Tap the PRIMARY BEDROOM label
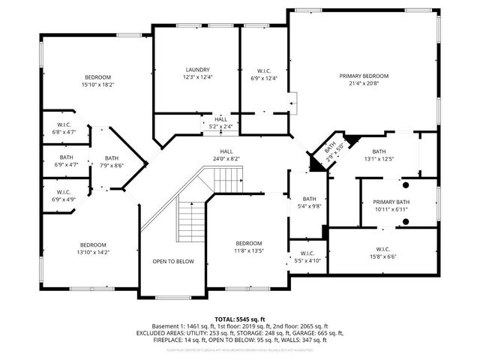point(364,76)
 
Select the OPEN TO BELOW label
point(173,261)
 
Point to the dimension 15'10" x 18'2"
point(97,85)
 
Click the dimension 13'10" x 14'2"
point(94,253)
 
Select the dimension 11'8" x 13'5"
point(249,251)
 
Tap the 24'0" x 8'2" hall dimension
point(226,158)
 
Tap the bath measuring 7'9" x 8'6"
point(112,161)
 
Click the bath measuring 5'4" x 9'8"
point(308,202)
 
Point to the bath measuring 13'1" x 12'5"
point(379,154)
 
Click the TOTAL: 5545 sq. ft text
point(240,318)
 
